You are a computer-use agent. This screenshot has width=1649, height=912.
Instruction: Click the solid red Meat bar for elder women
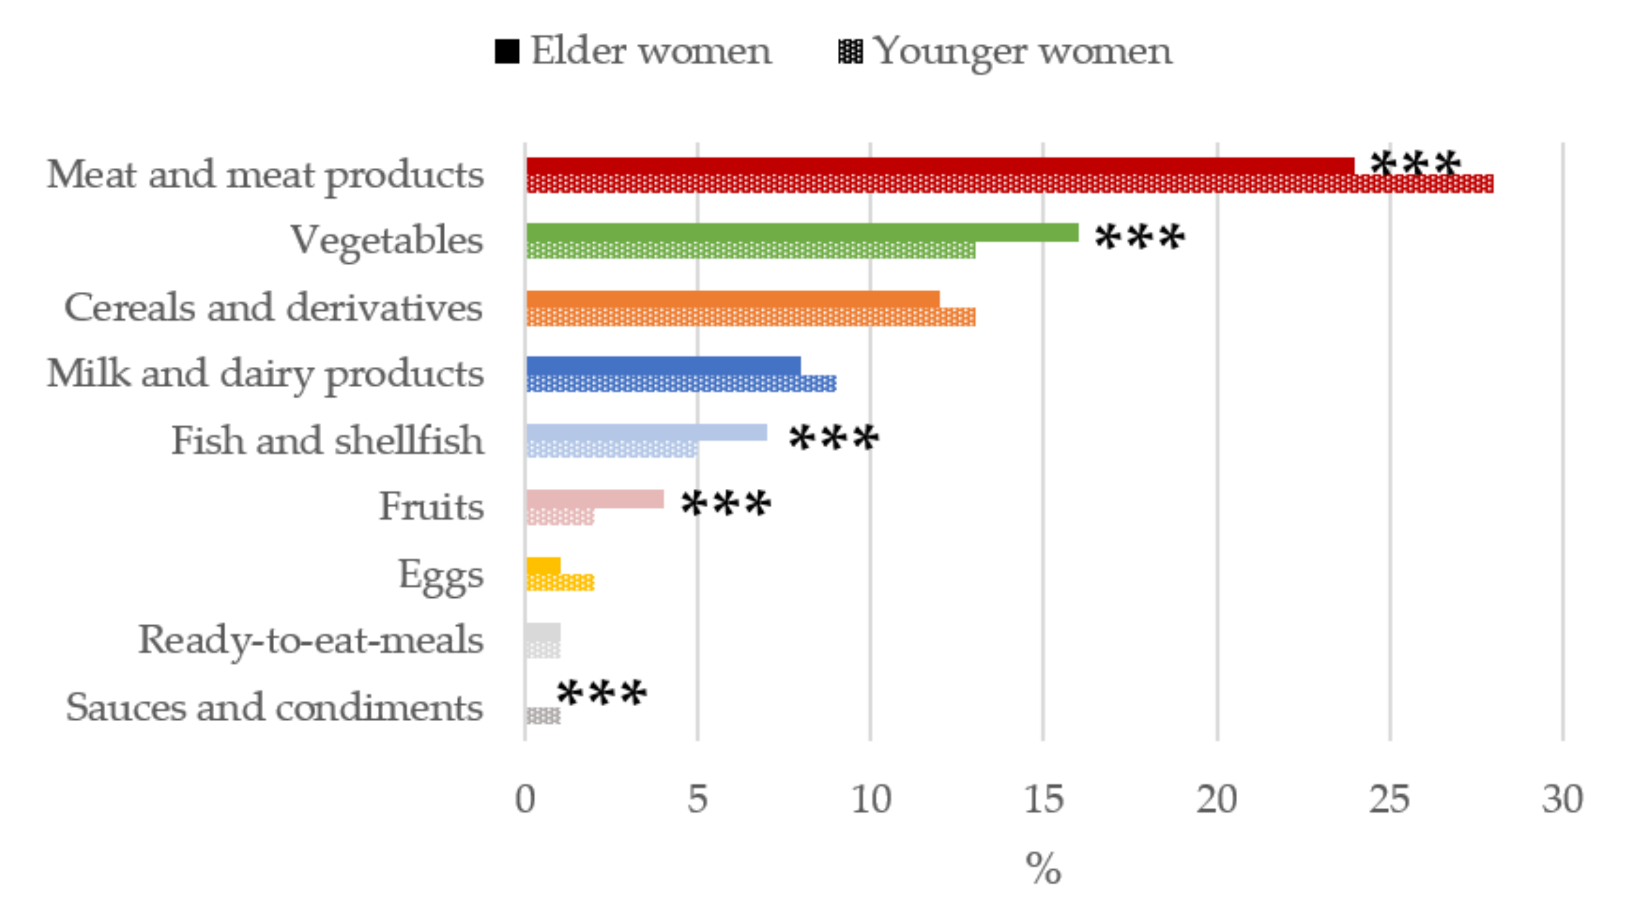click(x=940, y=166)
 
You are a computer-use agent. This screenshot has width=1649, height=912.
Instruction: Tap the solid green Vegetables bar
click(x=801, y=232)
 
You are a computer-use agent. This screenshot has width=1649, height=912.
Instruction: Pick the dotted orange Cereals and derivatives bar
click(x=750, y=317)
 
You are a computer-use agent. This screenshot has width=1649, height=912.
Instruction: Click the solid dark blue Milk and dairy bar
click(x=663, y=365)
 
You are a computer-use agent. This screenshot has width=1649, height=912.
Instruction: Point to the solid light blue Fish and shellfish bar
click(x=646, y=432)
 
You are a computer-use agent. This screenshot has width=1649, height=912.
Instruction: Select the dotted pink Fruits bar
click(x=560, y=516)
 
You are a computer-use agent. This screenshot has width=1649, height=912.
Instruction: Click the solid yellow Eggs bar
click(x=543, y=566)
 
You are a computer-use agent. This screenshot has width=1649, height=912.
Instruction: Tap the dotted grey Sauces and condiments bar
click(x=543, y=716)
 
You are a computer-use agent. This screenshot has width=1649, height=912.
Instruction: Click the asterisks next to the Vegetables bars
click(x=1140, y=238)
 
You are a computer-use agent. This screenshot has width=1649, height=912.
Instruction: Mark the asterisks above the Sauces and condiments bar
click(x=602, y=694)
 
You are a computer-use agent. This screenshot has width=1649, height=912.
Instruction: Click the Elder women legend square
click(x=506, y=51)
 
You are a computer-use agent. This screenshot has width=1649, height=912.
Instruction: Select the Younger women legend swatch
click(x=850, y=51)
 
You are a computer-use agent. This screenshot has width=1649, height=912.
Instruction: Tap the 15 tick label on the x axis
click(x=1043, y=799)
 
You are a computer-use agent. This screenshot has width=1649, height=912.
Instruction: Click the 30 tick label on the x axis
click(x=1562, y=799)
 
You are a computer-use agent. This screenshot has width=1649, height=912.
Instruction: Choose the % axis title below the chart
click(x=1043, y=868)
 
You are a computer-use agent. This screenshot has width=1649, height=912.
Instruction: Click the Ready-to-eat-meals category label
click(x=311, y=640)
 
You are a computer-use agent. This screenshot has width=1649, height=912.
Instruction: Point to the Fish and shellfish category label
click(x=327, y=441)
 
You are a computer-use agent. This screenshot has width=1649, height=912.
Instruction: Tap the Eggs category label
click(x=441, y=574)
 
